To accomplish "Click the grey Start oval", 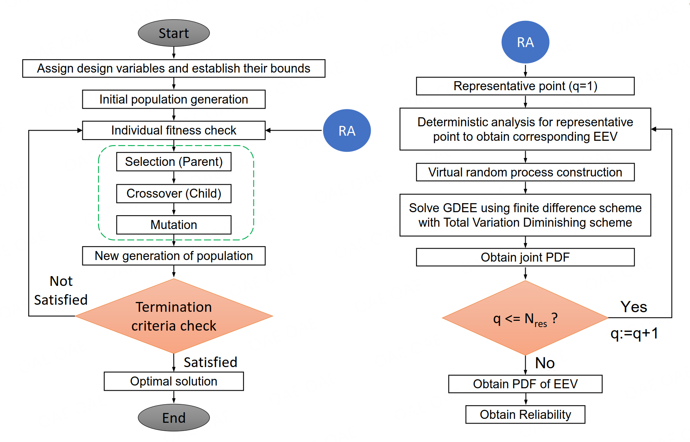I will tap(174, 33).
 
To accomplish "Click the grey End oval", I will tap(174, 418).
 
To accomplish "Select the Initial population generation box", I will tap(174, 99).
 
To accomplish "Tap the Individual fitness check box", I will tap(174, 130).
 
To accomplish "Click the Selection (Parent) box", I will tap(174, 162).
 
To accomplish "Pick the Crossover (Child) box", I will tap(174, 193).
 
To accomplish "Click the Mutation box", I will tap(174, 225).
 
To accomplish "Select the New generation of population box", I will tap(174, 256).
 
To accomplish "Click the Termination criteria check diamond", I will tap(174, 316).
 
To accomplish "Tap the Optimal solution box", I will tap(174, 381).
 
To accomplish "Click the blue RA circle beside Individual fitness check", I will tap(347, 131).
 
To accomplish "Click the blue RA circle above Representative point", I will tap(525, 42).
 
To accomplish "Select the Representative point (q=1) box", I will tap(525, 86).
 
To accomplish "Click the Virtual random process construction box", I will tap(525, 172).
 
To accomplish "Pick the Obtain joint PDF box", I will tap(525, 257).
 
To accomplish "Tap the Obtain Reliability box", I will tap(525, 415).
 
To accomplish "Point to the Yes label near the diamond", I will tap(634, 307).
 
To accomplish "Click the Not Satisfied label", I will tap(61, 291).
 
